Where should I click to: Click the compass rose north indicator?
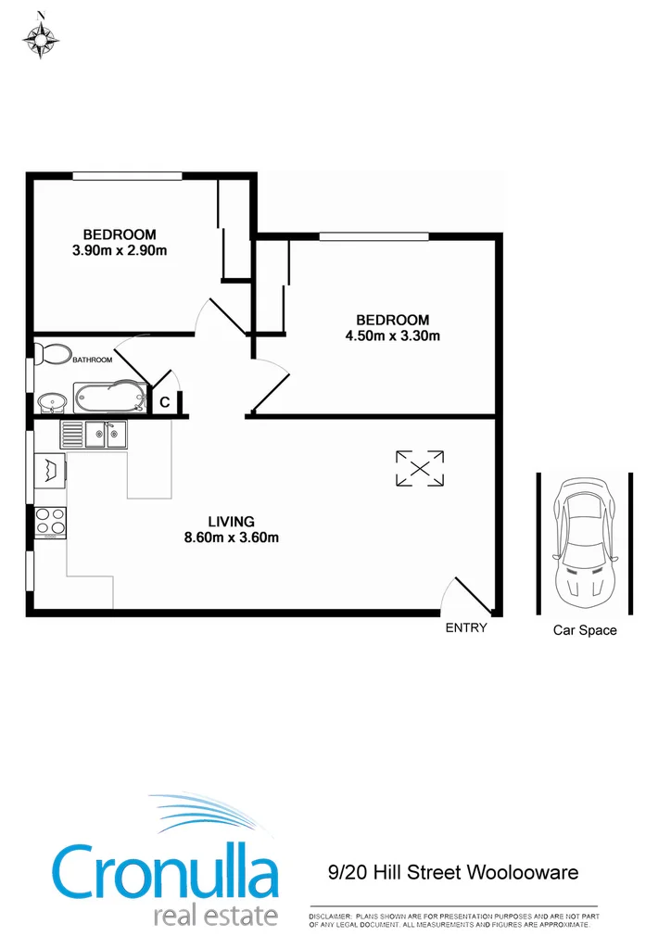pyautogui.click(x=40, y=37)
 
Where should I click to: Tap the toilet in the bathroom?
pyautogui.click(x=52, y=354)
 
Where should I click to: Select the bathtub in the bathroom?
pyautogui.click(x=110, y=398)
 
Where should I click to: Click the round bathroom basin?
pyautogui.click(x=50, y=403)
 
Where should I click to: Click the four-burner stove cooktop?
pyautogui.click(x=50, y=523)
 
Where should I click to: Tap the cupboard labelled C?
pyautogui.click(x=164, y=402)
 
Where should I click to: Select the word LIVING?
pyautogui.click(x=231, y=522)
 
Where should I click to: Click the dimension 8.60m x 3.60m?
pyautogui.click(x=231, y=537)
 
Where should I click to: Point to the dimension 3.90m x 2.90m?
pyautogui.click(x=119, y=250)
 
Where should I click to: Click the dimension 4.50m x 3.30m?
pyautogui.click(x=392, y=335)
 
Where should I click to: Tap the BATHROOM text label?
pyautogui.click(x=93, y=360)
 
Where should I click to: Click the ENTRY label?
pyautogui.click(x=465, y=627)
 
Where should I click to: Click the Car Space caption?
pyautogui.click(x=585, y=630)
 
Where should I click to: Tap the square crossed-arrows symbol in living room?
pyautogui.click(x=419, y=468)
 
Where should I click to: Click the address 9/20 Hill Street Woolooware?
pyautogui.click(x=453, y=872)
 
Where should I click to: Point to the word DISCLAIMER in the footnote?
pyautogui.click(x=330, y=916)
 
